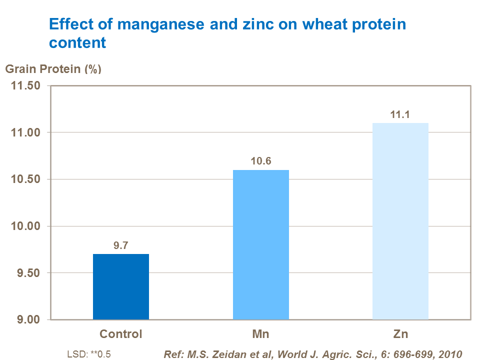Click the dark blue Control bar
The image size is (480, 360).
click(x=121, y=286)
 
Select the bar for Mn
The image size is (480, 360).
click(x=261, y=244)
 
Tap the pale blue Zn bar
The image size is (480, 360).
click(x=400, y=221)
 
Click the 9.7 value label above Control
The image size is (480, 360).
click(x=121, y=245)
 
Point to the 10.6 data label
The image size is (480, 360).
click(x=261, y=161)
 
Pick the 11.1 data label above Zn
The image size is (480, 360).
click(x=400, y=114)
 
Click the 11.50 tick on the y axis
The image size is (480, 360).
click(x=26, y=86)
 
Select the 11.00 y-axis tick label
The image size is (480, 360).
click(x=26, y=132)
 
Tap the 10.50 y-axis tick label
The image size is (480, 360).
click(x=26, y=179)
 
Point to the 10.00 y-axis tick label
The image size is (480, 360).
click(x=26, y=226)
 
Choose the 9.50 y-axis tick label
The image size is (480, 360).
click(x=28, y=273)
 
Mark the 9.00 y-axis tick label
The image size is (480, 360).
click(x=28, y=320)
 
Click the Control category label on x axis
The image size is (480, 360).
click(x=121, y=334)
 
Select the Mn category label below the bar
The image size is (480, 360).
click(x=261, y=334)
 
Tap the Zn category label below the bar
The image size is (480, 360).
click(x=400, y=334)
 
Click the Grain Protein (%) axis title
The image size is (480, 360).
click(x=53, y=69)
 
